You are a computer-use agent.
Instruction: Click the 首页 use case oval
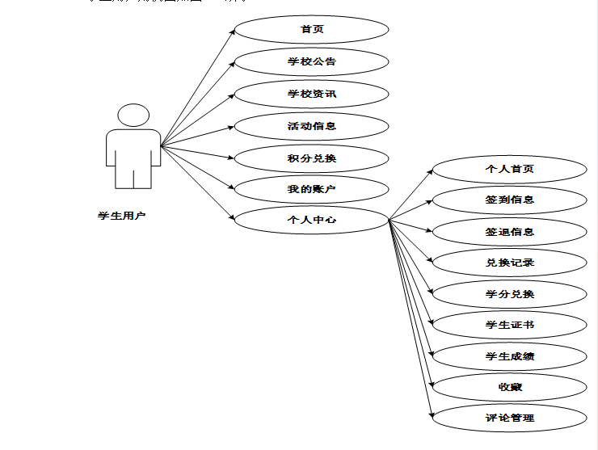312,30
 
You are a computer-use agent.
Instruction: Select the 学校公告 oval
312,61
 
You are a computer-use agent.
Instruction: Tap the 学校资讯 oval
312,94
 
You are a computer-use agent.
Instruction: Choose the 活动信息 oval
312,126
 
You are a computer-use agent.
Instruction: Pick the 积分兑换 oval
312,158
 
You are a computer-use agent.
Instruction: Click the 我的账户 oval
312,189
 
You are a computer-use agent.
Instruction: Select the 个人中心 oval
312,219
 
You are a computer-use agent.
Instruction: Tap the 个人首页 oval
509,169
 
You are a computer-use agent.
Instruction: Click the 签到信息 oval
509,200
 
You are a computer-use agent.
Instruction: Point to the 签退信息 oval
509,232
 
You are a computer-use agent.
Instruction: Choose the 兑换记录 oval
509,263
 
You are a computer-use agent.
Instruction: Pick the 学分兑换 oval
509,293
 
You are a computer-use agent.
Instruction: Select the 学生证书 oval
509,325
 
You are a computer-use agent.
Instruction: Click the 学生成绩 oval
509,355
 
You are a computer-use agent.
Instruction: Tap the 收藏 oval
509,387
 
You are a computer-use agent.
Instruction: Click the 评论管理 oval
509,418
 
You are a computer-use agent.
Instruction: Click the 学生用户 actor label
121,216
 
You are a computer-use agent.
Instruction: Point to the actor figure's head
133,114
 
